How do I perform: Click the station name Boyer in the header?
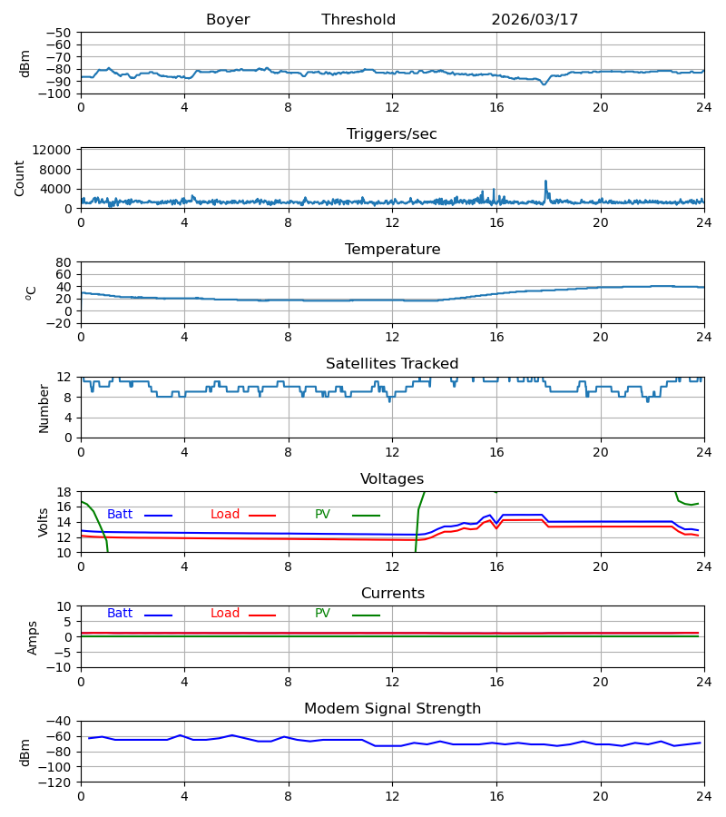[228, 20]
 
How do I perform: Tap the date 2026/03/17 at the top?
[535, 20]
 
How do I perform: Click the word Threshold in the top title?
[358, 19]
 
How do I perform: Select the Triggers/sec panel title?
[392, 134]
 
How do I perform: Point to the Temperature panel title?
[392, 249]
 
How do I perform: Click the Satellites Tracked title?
[392, 364]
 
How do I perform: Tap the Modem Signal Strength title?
[392, 709]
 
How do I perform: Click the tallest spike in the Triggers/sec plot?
[545, 182]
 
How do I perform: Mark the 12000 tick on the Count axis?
[52, 150]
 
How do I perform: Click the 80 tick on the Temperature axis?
[64, 262]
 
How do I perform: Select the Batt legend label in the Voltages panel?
[120, 515]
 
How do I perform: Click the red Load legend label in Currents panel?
[225, 614]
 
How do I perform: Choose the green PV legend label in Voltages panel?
[322, 515]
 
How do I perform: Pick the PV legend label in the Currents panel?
[322, 614]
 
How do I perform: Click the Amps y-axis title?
[33, 638]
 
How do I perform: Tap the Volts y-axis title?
[43, 523]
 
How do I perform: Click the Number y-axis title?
[44, 409]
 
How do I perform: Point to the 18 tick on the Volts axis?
[64, 492]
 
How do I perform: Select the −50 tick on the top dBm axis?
[58, 33]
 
